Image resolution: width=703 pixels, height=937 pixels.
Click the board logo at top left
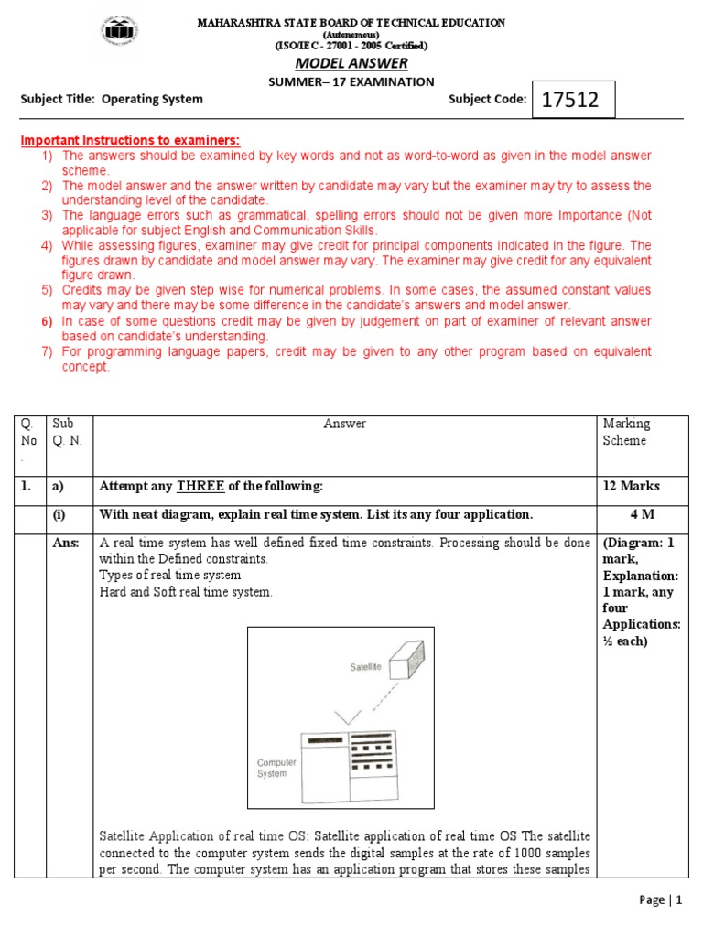pos(119,31)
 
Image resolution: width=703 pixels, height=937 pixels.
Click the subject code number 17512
pos(570,100)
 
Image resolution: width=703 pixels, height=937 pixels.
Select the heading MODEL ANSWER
pos(351,62)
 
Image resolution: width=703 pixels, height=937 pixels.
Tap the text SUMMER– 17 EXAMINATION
pos(351,81)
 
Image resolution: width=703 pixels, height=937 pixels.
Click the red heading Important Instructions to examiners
pos(131,140)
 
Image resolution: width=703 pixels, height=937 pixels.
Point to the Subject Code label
pos(487,99)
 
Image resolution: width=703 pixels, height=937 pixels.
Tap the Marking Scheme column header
pos(625,432)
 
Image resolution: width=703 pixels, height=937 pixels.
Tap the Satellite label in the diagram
pos(365,667)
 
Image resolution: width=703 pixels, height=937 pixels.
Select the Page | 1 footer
pos(661,900)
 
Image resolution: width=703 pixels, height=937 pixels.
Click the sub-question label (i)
pos(61,513)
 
